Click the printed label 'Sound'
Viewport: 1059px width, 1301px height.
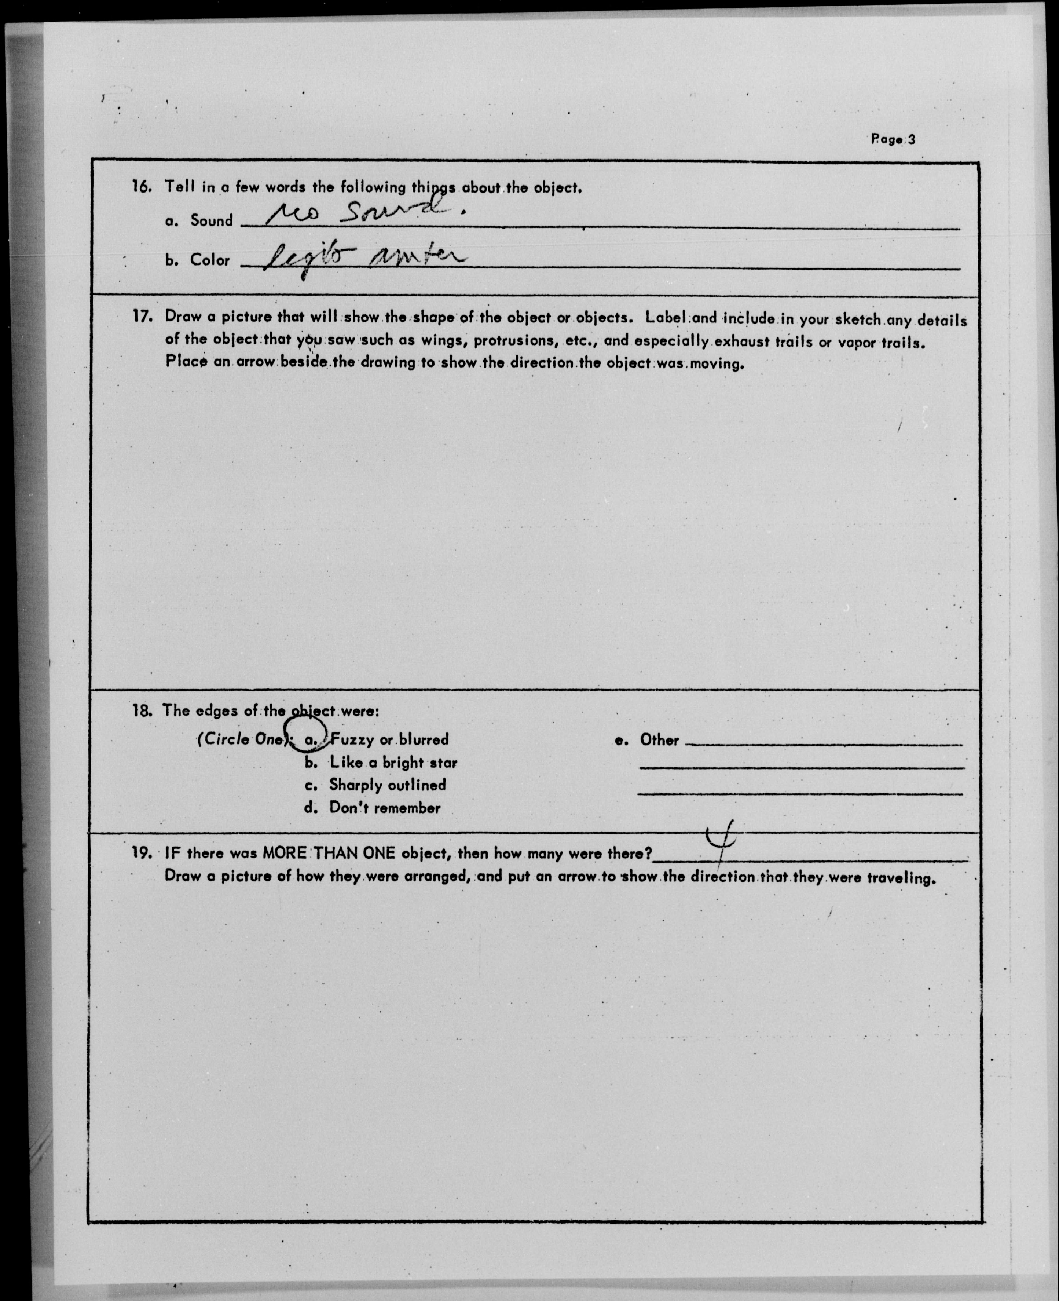point(211,220)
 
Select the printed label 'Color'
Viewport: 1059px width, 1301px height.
point(210,260)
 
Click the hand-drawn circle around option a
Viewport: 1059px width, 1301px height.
point(308,732)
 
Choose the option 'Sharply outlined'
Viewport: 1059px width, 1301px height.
point(387,785)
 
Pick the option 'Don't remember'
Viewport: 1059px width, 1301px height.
point(384,808)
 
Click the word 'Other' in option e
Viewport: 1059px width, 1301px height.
point(659,740)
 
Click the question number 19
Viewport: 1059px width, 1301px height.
point(142,852)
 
